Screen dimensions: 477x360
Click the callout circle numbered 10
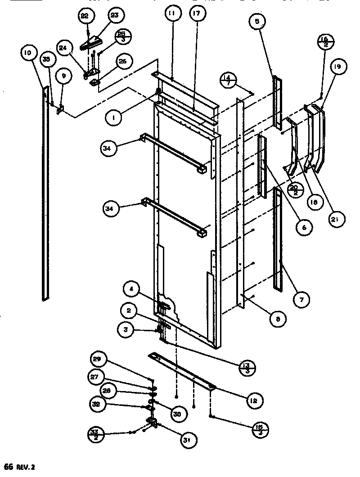(27, 54)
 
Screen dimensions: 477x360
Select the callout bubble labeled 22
(85, 17)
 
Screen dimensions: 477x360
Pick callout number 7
(301, 298)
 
